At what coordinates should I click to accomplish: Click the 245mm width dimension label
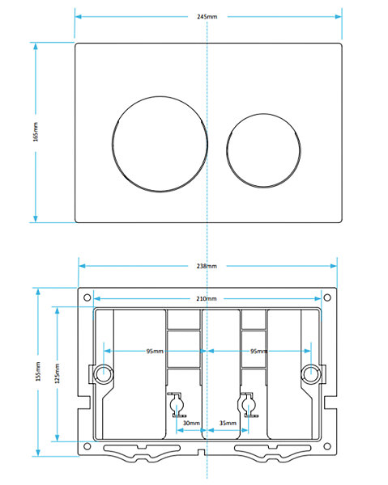(x=207, y=17)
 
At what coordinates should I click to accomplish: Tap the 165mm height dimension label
(x=36, y=132)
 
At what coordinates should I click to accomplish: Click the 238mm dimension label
(x=207, y=266)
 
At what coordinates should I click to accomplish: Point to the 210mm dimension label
(x=207, y=298)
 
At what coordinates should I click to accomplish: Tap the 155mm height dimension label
(x=38, y=372)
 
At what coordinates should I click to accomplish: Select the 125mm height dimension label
(x=58, y=373)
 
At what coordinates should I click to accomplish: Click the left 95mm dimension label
(x=155, y=351)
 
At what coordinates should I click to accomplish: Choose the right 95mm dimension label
(x=258, y=351)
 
